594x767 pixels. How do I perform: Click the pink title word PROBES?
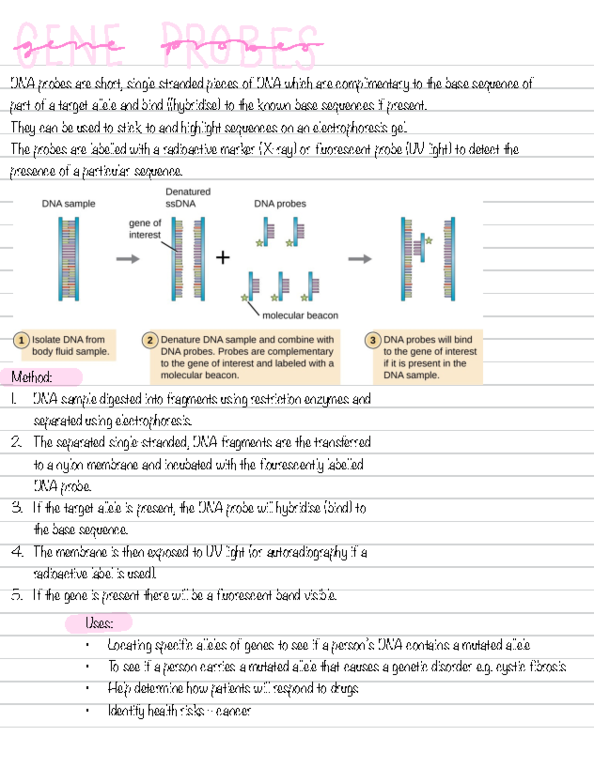pyautogui.click(x=242, y=46)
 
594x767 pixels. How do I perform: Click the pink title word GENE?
pyautogui.click(x=69, y=46)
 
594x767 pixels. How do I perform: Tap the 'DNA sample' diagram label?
pyautogui.click(x=68, y=204)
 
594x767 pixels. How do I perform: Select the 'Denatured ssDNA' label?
pyautogui.click(x=188, y=197)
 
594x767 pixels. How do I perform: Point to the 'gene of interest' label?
pyautogui.click(x=145, y=229)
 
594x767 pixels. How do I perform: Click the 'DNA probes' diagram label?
pyautogui.click(x=280, y=204)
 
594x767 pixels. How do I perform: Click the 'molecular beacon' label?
pyautogui.click(x=300, y=316)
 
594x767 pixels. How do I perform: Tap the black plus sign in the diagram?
pyautogui.click(x=223, y=258)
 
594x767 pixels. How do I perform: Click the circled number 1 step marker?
pyautogui.click(x=21, y=340)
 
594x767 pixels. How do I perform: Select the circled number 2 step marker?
pyautogui.click(x=149, y=340)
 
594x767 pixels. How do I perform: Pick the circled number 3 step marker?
pyautogui.click(x=373, y=340)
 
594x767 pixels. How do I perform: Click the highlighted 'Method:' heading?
pyautogui.click(x=32, y=377)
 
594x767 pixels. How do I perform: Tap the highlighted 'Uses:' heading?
pyautogui.click(x=99, y=623)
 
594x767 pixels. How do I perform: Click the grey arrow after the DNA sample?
pyautogui.click(x=128, y=259)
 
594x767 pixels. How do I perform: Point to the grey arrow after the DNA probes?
pyautogui.click(x=359, y=259)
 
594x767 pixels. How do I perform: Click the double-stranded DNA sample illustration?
pyautogui.click(x=69, y=259)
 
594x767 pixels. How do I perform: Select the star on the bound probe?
pyautogui.click(x=429, y=241)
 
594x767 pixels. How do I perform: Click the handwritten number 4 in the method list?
pyautogui.click(x=17, y=551)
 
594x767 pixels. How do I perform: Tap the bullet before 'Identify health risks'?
pyautogui.click(x=87, y=711)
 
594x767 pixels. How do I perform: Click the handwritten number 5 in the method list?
pyautogui.click(x=17, y=595)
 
